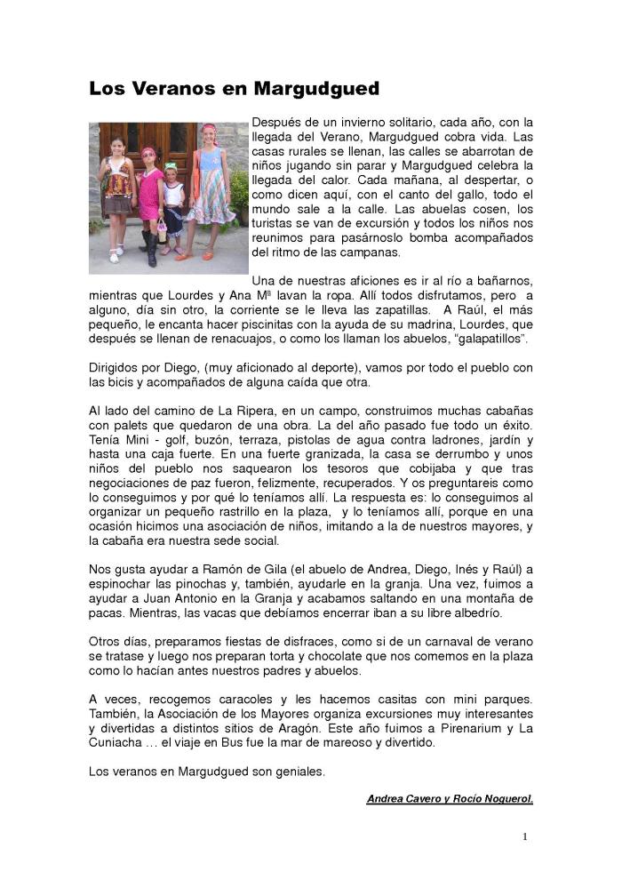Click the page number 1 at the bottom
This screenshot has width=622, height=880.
[x=525, y=836]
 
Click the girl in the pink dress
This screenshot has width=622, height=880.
[x=150, y=196]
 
